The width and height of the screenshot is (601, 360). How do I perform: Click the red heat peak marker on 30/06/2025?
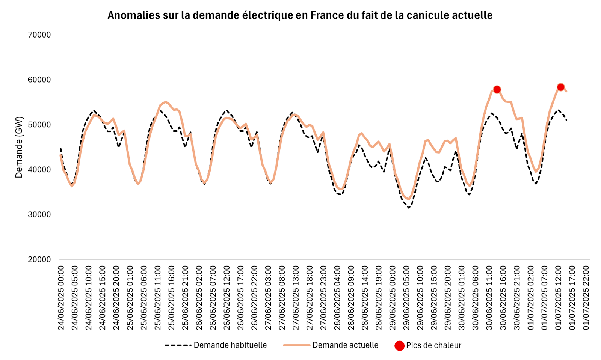(x=497, y=89)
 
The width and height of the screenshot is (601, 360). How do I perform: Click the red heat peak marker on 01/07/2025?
(x=560, y=87)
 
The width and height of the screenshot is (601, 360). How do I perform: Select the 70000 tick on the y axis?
(x=39, y=35)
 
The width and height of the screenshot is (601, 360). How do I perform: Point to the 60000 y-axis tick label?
(x=39, y=80)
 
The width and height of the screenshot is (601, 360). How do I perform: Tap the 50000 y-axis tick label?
(x=39, y=125)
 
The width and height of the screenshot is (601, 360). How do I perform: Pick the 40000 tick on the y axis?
(x=39, y=170)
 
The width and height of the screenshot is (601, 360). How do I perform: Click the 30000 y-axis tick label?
(x=39, y=215)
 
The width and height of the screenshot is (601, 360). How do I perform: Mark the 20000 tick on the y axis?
(x=39, y=260)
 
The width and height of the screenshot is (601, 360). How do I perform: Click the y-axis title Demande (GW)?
(x=19, y=147)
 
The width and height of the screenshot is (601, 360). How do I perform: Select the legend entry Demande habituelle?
(x=230, y=345)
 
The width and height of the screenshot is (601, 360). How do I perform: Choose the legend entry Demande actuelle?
(x=345, y=345)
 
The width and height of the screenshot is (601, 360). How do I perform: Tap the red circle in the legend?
(x=399, y=346)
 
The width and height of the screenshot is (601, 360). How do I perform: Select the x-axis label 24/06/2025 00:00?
(x=61, y=298)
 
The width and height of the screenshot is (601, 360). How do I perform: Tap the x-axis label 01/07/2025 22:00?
(x=586, y=298)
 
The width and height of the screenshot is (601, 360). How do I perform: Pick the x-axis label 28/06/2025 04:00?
(x=337, y=298)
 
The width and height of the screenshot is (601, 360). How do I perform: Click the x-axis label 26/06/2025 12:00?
(x=227, y=298)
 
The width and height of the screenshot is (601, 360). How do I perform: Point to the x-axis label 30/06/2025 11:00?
(x=489, y=298)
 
